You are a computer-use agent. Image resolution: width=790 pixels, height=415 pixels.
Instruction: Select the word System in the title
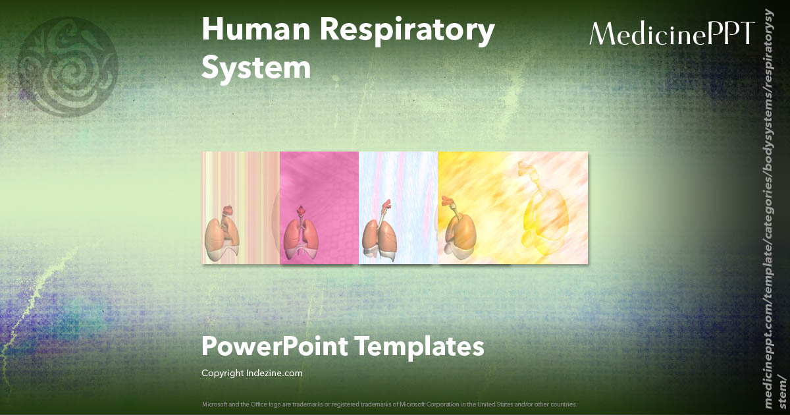coord(256,68)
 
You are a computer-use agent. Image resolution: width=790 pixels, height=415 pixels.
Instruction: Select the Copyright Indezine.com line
coord(251,373)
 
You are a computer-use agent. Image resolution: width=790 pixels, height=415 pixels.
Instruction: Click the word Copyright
coord(223,373)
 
